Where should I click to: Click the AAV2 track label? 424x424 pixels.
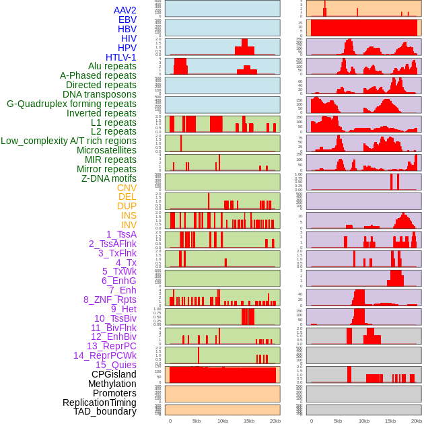point(125,10)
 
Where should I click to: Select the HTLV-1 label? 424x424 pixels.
point(121,57)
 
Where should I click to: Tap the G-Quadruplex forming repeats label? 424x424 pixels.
point(71,104)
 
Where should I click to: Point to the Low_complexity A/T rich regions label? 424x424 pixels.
point(69,141)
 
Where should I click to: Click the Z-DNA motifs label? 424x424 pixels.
point(109,178)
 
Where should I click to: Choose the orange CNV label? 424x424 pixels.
point(127,188)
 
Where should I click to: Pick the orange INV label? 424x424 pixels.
point(129,225)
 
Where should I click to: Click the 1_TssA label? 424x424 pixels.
point(121,234)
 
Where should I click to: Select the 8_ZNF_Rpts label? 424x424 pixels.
point(110,299)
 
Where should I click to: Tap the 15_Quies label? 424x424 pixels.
point(116,365)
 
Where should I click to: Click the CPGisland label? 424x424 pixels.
point(114,374)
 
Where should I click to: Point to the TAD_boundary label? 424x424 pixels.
point(105,411)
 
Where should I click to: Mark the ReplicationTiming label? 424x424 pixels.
point(100,402)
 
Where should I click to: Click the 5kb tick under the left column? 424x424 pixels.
point(197,421)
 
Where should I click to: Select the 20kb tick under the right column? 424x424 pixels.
point(417,421)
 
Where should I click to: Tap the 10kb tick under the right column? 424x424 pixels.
point(364,421)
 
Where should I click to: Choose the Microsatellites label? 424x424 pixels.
point(106,150)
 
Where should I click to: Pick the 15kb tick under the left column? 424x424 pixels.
point(249,421)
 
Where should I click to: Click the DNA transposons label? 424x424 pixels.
point(100,94)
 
